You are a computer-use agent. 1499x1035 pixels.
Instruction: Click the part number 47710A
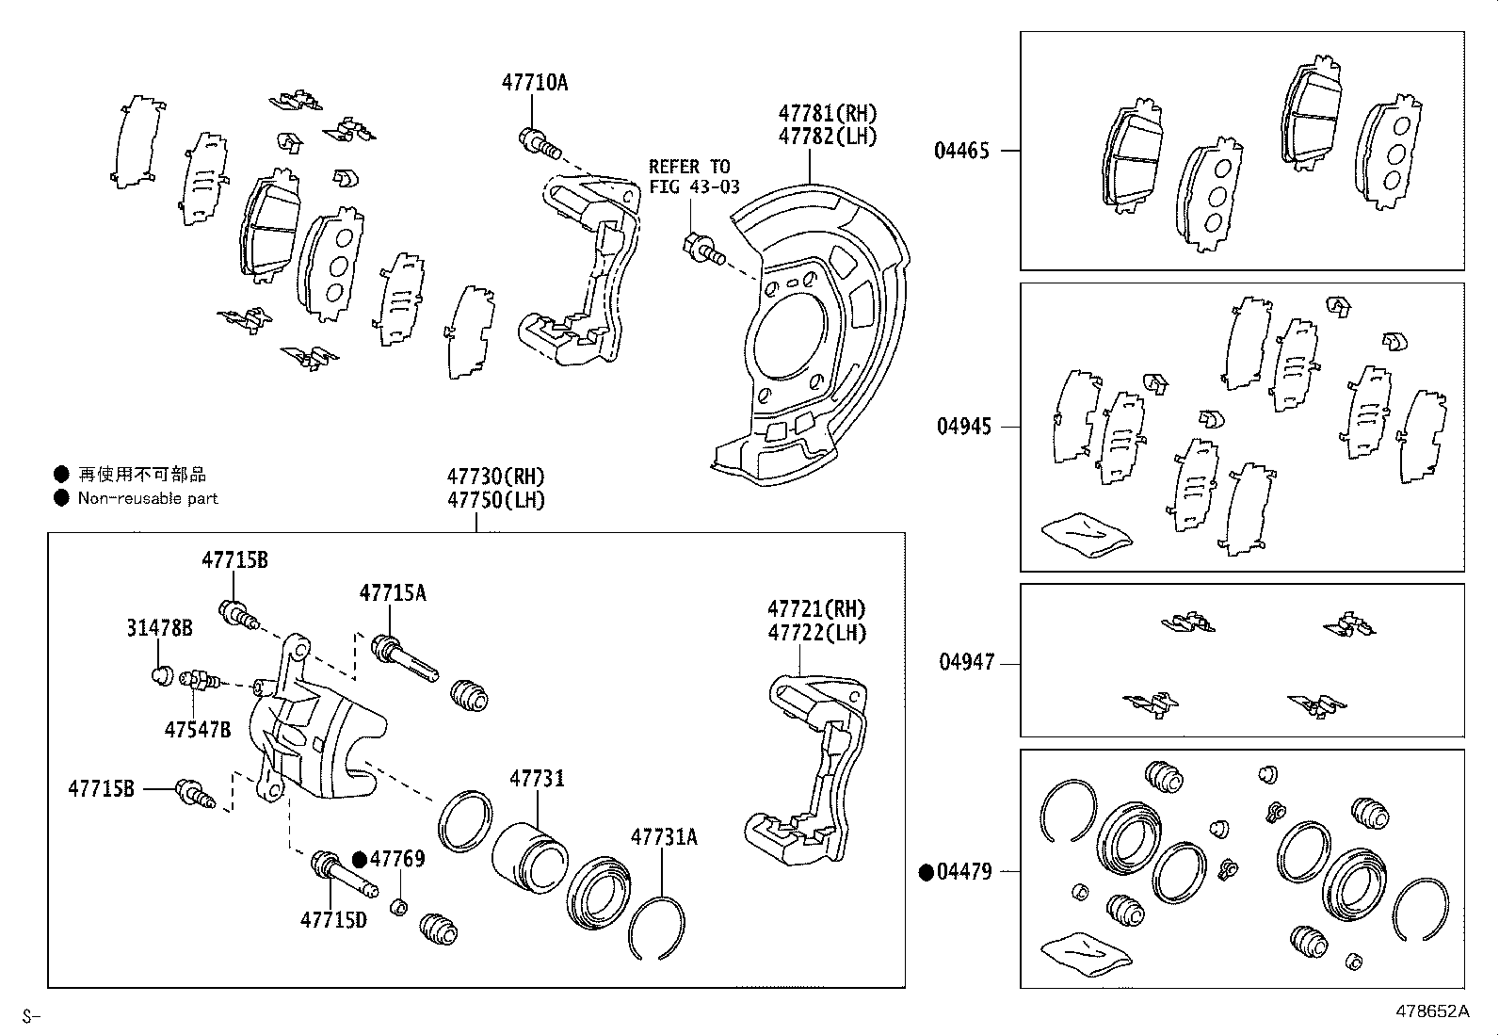tap(534, 82)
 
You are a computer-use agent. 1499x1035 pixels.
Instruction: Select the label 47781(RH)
tap(827, 113)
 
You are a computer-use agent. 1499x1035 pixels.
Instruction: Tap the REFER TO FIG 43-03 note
tap(694, 176)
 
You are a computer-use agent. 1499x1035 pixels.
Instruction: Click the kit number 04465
tap(961, 151)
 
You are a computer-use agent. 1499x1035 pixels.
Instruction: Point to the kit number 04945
tap(963, 427)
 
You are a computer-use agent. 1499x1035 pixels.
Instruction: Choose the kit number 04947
tap(965, 662)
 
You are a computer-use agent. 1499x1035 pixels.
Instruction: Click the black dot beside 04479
tap(927, 872)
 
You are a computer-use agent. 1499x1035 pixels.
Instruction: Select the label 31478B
tap(159, 627)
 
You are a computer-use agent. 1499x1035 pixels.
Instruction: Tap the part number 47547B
tap(197, 729)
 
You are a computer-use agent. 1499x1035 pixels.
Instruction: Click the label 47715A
tap(392, 592)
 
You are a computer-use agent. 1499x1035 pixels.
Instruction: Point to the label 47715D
tap(333, 919)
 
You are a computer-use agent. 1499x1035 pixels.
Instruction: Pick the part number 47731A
tap(664, 836)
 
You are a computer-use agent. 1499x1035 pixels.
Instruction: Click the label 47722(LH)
tap(816, 633)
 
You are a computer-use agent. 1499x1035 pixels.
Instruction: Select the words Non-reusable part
tap(148, 498)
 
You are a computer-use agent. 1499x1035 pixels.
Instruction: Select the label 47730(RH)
tap(495, 477)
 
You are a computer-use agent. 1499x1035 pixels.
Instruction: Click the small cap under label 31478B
tap(161, 674)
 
